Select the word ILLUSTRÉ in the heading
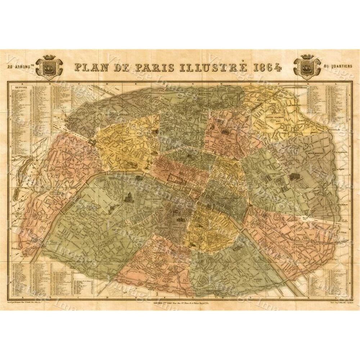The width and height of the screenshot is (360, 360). (x=216, y=67)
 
